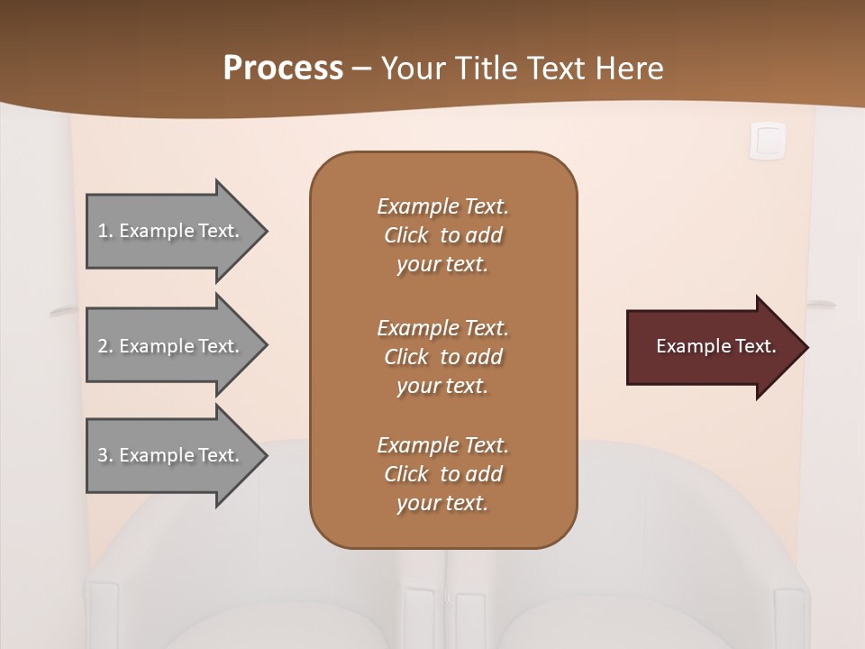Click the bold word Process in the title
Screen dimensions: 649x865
(283, 69)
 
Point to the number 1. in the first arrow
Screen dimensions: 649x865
(105, 231)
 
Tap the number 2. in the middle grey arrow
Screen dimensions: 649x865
(105, 346)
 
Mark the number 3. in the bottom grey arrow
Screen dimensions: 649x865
(105, 455)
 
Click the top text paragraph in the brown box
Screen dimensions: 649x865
(442, 235)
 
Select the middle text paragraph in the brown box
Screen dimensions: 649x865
(442, 357)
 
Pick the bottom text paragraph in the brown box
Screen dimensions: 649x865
(442, 474)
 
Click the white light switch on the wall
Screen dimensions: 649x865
(768, 141)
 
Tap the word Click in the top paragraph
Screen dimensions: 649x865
(405, 235)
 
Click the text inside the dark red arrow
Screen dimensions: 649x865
(715, 346)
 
